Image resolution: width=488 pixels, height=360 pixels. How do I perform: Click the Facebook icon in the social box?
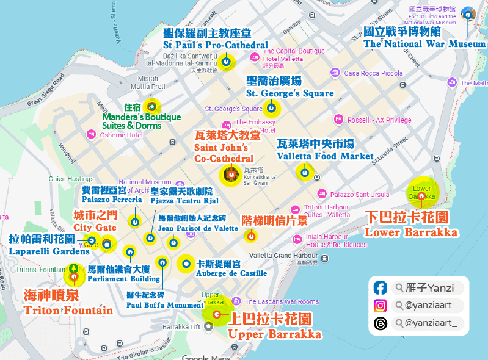click(x=381, y=288)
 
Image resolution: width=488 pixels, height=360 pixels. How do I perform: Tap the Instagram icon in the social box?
click(x=381, y=306)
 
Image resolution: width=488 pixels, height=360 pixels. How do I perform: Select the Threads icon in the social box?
click(x=381, y=323)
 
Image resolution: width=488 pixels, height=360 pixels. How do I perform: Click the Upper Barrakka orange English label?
click(x=274, y=334)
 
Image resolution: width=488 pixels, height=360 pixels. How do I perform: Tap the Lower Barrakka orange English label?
click(x=410, y=232)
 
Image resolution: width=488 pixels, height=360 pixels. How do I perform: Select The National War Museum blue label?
click(x=424, y=44)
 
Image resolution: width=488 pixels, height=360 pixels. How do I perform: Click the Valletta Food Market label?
click(x=324, y=156)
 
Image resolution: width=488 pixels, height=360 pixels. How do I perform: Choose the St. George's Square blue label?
click(x=290, y=93)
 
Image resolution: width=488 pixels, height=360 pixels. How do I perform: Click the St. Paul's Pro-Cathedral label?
click(x=215, y=45)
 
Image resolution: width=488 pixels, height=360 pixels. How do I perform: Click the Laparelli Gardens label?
click(x=49, y=251)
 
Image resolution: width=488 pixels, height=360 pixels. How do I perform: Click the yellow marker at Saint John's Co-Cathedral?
click(x=231, y=175)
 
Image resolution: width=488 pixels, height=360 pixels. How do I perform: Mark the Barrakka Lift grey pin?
click(x=209, y=326)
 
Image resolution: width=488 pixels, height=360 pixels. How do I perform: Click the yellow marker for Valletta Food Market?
click(x=304, y=172)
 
